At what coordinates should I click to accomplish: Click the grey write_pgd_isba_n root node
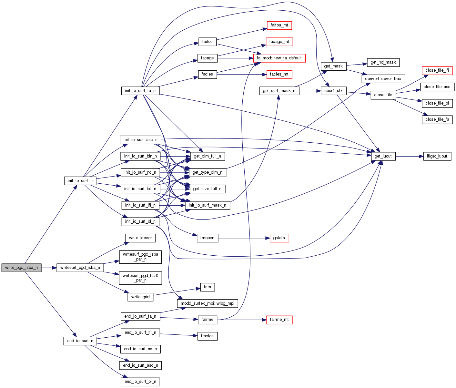click(x=21, y=268)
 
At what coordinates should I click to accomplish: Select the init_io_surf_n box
click(x=80, y=181)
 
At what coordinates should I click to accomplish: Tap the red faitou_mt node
click(x=279, y=25)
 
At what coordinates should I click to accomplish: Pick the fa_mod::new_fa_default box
click(x=279, y=58)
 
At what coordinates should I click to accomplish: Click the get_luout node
click(x=383, y=156)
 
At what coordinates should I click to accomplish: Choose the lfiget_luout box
click(x=437, y=156)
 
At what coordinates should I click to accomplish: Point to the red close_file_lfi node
click(x=437, y=70)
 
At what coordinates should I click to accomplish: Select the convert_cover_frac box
click(x=383, y=79)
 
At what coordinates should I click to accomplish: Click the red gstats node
click(x=279, y=238)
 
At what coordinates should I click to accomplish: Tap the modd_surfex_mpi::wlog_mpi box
click(x=207, y=303)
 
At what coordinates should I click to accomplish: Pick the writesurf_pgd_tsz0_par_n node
click(x=140, y=278)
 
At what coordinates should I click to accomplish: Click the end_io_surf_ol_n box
click(x=140, y=382)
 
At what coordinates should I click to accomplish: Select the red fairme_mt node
click(x=279, y=320)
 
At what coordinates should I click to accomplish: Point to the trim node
click(x=207, y=287)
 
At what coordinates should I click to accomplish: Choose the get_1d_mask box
click(x=383, y=62)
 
